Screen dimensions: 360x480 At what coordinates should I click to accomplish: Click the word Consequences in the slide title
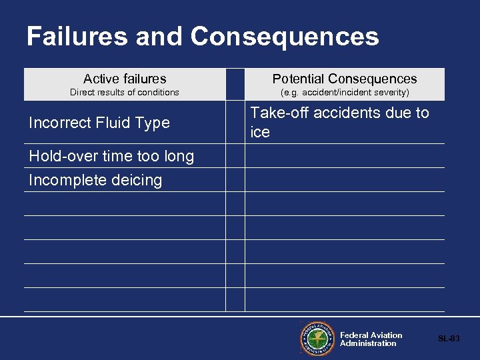(284, 36)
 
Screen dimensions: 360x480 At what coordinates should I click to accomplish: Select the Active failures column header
(125, 79)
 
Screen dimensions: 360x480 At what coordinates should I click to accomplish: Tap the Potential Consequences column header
(344, 79)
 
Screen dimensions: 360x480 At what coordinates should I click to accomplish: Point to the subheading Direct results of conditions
(125, 93)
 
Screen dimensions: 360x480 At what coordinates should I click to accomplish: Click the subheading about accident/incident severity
(344, 93)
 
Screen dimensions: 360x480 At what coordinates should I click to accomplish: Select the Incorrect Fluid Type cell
(99, 123)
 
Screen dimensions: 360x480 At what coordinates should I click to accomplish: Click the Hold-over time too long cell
(111, 156)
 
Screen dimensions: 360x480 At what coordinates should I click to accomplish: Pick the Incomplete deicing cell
(95, 180)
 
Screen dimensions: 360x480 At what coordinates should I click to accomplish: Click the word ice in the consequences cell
(260, 133)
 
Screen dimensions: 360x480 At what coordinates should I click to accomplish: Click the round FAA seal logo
(317, 339)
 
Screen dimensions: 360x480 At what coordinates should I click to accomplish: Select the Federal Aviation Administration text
(371, 339)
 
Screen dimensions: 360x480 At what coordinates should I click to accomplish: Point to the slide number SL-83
(449, 339)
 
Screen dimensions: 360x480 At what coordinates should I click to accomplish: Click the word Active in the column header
(101, 79)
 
